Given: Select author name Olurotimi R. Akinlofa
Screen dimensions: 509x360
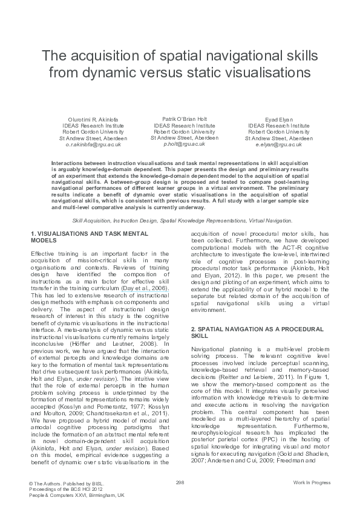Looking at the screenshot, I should click(92, 119).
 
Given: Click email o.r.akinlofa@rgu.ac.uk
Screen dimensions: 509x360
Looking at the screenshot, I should click(93, 145).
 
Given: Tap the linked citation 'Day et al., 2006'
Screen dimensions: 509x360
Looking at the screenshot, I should click(144, 290).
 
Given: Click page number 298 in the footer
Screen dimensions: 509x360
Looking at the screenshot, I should click(180, 481).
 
